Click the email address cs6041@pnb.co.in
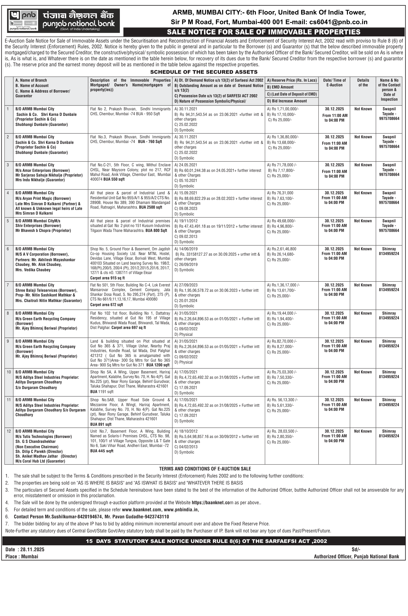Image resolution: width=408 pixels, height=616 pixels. [338, 22]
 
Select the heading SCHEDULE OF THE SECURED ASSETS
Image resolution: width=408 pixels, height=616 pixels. [204, 72]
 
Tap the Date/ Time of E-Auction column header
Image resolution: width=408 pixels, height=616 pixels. [334, 83]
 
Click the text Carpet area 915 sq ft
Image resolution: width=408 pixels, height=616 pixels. [107, 278]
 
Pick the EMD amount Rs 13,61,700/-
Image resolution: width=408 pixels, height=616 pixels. [283, 290]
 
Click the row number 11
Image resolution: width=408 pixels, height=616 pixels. [9, 400]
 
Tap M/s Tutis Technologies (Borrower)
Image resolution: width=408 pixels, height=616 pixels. [43, 436]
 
